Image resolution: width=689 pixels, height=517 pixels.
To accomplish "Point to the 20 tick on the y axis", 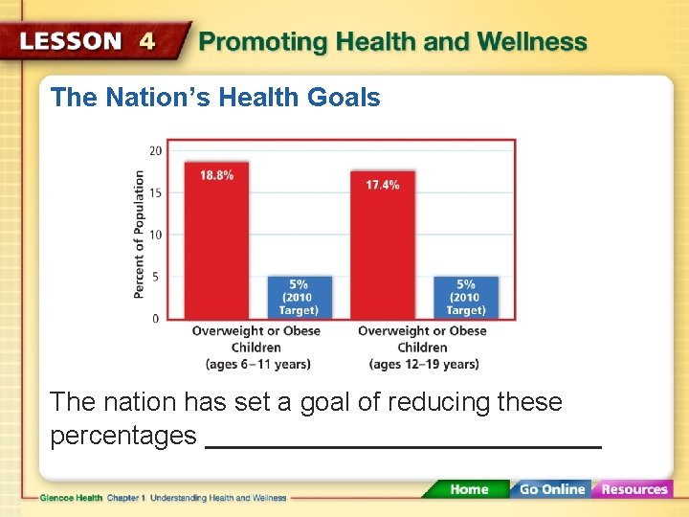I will [155, 150].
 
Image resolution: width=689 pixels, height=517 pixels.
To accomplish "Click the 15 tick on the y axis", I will [155, 192].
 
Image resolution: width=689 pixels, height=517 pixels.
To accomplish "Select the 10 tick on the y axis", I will [155, 235].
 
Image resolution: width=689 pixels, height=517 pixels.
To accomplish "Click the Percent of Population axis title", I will [140, 234].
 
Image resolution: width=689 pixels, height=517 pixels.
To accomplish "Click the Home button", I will [468, 489].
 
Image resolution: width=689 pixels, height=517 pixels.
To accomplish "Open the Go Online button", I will [551, 489].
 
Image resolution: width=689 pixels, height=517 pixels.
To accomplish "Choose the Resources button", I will [633, 489].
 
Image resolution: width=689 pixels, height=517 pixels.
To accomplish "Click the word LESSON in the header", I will [71, 41].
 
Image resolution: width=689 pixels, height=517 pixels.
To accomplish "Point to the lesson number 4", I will [146, 41].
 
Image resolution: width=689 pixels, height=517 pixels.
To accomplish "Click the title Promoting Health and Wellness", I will [392, 42].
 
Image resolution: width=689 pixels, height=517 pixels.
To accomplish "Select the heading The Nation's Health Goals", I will [215, 98].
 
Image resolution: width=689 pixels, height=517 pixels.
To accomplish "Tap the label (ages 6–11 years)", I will [257, 364].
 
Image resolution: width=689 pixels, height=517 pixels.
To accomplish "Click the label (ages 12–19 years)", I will [423, 364].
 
